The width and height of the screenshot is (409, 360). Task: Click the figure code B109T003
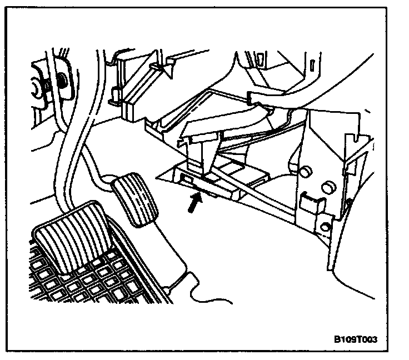pos(360,339)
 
